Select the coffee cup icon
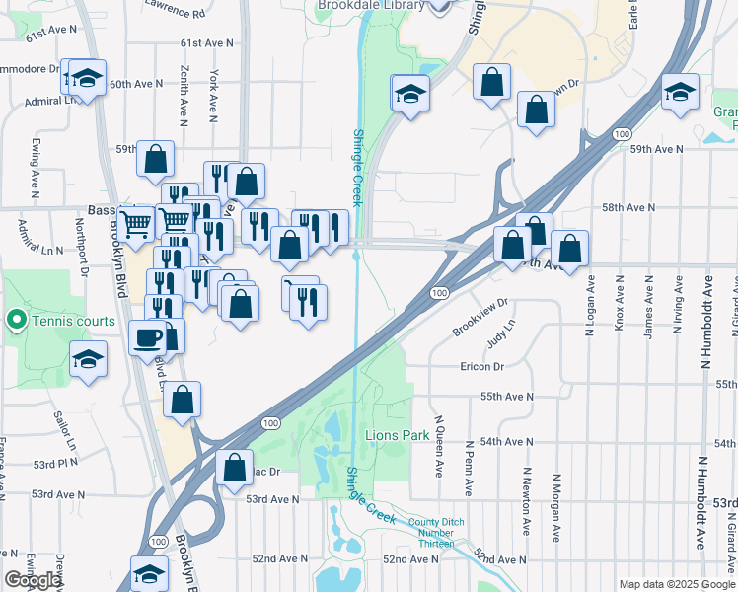(148, 337)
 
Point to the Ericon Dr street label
(481, 366)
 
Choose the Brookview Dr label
(480, 318)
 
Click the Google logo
(34, 580)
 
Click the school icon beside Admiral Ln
(87, 79)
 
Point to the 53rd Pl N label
(54, 463)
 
